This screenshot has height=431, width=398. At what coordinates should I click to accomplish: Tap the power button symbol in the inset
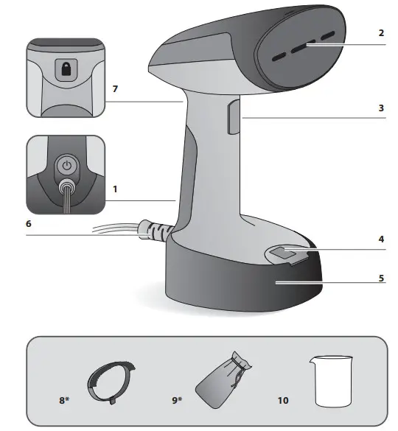pyautogui.click(x=66, y=166)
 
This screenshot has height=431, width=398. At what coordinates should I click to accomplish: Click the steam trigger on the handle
pyautogui.click(x=234, y=118)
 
